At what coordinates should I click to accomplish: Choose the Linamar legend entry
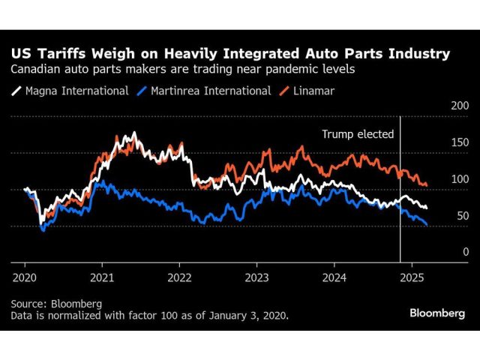[x=307, y=91]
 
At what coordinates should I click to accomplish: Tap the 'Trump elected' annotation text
[x=358, y=135]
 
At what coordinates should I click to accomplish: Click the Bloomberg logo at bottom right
[x=437, y=313]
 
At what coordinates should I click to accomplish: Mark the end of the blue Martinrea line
[x=427, y=224]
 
